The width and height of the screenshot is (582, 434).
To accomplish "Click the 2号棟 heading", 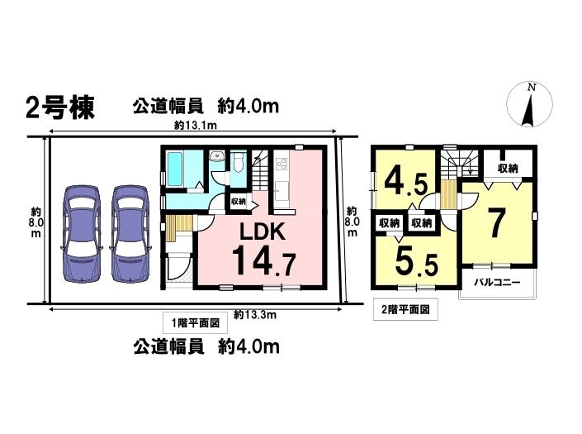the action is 60,107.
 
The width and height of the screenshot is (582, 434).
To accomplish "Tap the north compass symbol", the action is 530,104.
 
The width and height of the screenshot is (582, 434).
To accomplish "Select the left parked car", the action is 82,233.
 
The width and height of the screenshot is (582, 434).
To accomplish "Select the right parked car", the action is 130,233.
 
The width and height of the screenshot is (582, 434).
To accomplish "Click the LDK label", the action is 263,231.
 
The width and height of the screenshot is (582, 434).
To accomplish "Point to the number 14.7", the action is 264,261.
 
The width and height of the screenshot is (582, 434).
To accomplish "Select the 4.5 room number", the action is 405,181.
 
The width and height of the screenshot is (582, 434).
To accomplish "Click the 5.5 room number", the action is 417,261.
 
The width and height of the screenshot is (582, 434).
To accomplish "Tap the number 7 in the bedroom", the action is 496,223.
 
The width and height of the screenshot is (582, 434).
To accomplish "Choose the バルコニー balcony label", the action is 497,283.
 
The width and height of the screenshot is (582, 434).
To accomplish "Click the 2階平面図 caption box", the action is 405,309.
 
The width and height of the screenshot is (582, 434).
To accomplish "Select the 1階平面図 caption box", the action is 195,322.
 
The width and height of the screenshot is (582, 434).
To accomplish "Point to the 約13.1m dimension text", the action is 195,126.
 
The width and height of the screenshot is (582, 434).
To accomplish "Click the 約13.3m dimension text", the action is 255,315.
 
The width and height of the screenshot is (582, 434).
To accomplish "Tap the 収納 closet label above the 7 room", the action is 508,169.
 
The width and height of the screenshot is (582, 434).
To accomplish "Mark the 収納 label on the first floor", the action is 239,202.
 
